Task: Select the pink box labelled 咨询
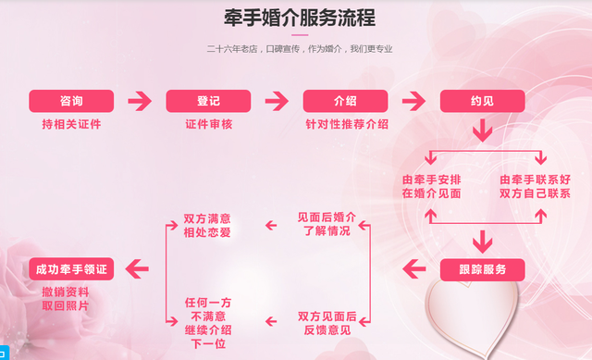[x=71, y=101]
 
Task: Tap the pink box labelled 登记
[x=208, y=101]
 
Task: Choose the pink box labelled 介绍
[x=345, y=101]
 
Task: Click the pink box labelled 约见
[x=482, y=101]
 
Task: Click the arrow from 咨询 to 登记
[x=139, y=101]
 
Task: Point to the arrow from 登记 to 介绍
[x=277, y=101]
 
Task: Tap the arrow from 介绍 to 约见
[x=413, y=101]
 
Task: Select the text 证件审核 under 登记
[x=208, y=123]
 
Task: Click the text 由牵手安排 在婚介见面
[x=431, y=186]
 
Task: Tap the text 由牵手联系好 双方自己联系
[x=536, y=186]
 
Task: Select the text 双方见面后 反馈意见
[x=327, y=323]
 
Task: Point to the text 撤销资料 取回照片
[x=66, y=298]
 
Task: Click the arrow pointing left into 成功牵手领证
[x=138, y=269]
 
